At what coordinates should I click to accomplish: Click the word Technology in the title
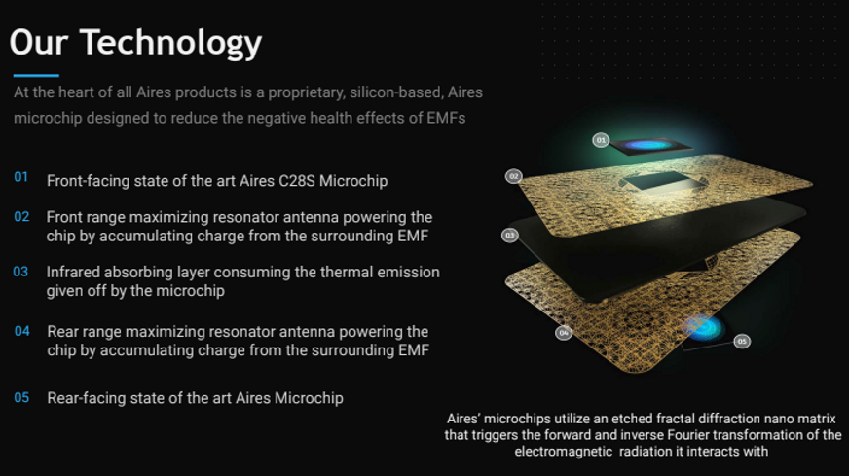point(171,44)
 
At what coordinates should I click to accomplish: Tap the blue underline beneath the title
point(36,75)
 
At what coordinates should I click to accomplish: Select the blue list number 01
point(21,177)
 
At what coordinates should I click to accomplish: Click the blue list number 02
point(21,217)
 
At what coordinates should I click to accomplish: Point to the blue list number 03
point(20,272)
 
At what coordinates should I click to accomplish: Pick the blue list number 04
point(22,331)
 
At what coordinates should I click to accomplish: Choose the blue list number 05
point(21,397)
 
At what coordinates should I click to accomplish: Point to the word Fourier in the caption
point(687,435)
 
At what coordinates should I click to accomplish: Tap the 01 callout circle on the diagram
point(601,140)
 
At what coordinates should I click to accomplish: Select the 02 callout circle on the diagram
point(514,176)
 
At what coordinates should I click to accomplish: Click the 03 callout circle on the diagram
point(509,235)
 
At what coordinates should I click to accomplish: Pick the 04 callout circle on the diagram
point(564,333)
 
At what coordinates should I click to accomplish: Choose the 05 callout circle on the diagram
point(742,341)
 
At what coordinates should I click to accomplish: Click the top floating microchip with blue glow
point(650,146)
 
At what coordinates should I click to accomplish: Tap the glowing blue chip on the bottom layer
point(703,328)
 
